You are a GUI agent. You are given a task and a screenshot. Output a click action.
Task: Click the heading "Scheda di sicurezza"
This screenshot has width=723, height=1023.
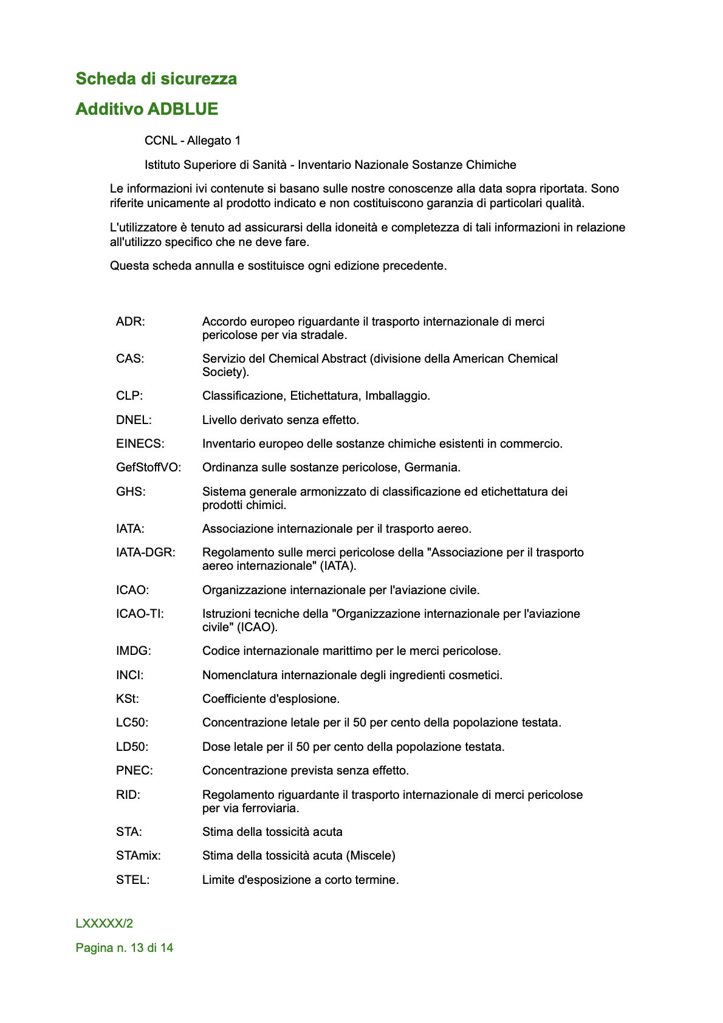[156, 79]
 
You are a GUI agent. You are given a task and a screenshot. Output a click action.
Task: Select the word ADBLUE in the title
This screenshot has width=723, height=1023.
[183, 109]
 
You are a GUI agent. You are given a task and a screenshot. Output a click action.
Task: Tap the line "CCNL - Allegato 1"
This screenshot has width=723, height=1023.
[193, 141]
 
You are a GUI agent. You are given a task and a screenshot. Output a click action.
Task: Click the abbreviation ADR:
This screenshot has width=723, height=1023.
[131, 321]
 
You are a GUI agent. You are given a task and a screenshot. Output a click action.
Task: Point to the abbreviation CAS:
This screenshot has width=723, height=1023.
[130, 358]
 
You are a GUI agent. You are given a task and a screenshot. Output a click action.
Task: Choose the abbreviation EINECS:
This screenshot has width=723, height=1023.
[140, 443]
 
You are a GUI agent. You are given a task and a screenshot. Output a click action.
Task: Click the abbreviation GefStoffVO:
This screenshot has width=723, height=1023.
[149, 467]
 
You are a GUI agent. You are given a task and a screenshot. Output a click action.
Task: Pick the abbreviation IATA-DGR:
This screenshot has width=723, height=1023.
[146, 552]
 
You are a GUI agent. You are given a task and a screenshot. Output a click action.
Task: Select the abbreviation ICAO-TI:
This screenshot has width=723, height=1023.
[140, 614]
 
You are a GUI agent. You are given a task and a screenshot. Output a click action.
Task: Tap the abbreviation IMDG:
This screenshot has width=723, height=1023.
[134, 651]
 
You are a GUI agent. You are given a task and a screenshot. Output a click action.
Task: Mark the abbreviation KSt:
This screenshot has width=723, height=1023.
[128, 699]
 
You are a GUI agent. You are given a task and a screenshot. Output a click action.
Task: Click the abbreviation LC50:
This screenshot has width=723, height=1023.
[132, 722]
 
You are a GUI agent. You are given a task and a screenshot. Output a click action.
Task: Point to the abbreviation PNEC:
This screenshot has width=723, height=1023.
[135, 770]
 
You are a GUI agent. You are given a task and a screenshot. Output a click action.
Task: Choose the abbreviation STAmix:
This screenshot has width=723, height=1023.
[139, 855]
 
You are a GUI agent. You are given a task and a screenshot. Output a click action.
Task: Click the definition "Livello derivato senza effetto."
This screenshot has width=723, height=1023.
[281, 420]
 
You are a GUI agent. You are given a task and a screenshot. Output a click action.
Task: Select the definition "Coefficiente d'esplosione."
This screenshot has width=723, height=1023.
[271, 699]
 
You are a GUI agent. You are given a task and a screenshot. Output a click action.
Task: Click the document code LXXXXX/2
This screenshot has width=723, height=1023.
[105, 923]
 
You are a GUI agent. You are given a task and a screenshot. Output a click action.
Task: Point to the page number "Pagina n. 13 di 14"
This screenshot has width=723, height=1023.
[125, 948]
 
